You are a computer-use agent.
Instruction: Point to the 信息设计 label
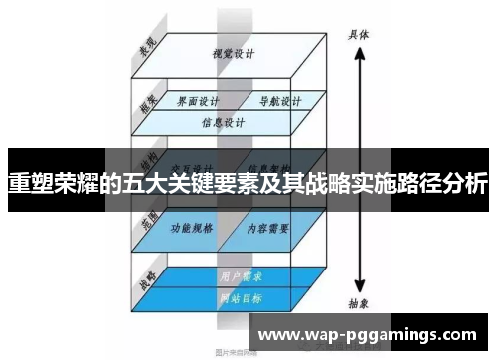click(x=223, y=124)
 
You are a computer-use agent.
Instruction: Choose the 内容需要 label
click(x=269, y=227)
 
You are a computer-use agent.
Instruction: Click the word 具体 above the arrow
click(x=359, y=33)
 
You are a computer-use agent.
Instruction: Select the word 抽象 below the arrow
click(x=359, y=304)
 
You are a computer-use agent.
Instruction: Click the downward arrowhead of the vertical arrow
click(x=359, y=285)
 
